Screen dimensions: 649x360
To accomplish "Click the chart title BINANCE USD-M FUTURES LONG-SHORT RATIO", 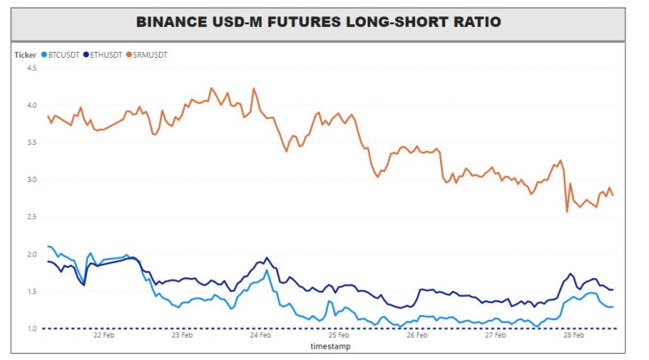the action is (x=318, y=22).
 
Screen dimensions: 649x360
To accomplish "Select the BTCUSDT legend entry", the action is (x=60, y=54).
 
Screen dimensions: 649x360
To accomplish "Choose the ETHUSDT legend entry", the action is (x=103, y=54).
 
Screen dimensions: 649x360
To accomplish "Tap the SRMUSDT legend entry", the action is (x=147, y=54).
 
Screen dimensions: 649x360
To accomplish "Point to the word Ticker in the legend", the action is (x=25, y=55).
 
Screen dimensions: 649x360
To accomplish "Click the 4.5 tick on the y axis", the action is (x=32, y=68).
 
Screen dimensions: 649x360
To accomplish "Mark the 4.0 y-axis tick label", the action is (x=32, y=105).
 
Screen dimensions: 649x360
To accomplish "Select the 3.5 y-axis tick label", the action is (x=32, y=142).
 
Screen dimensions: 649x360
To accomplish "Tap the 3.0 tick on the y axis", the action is (x=32, y=180).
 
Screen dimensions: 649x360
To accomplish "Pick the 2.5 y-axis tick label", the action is (x=32, y=217).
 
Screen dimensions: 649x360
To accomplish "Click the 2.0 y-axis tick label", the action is (x=32, y=255).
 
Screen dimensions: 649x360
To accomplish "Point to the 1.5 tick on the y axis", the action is (x=32, y=292).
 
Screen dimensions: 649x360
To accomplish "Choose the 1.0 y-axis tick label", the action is (x=32, y=329).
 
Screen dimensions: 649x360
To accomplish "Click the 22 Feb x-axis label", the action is (x=104, y=335).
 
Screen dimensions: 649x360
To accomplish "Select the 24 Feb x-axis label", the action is (x=261, y=335).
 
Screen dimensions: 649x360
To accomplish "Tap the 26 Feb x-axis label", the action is (x=417, y=335).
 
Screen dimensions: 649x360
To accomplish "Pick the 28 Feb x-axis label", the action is (x=574, y=335).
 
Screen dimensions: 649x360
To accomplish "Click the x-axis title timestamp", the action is (x=331, y=346).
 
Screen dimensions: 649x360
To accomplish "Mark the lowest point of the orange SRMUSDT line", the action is (x=567, y=212).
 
